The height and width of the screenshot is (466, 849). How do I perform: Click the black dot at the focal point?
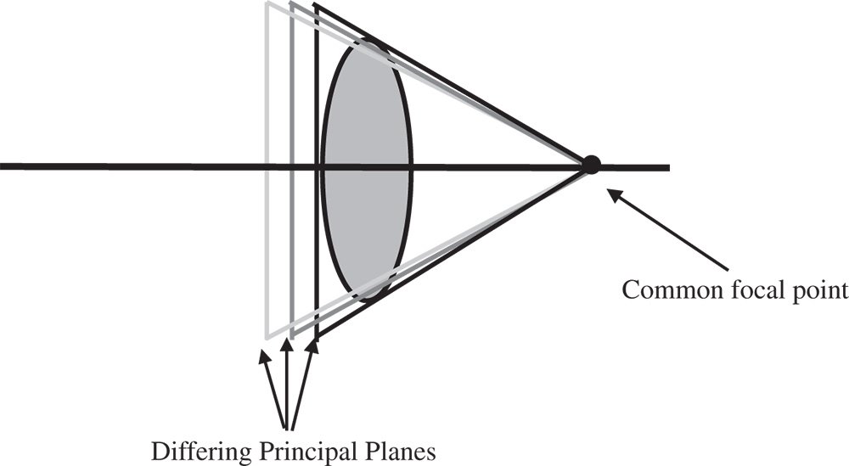tap(591, 165)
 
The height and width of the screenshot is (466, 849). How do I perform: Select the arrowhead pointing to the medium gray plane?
tap(288, 347)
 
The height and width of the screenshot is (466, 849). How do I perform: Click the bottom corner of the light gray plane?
tap(267, 336)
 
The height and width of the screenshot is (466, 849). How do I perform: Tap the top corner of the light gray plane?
tap(267, 4)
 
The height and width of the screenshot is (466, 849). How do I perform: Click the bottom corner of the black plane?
tap(316, 336)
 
